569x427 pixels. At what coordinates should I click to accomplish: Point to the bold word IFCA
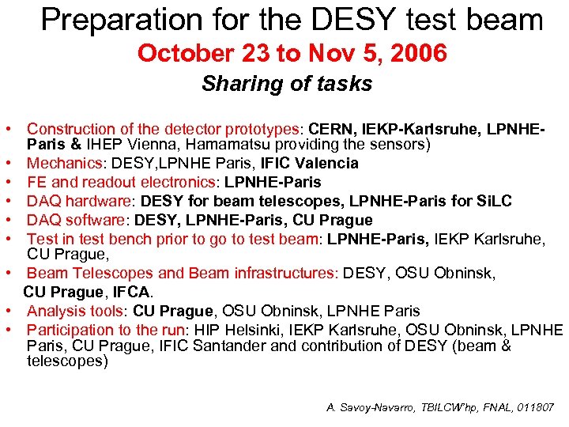(133, 292)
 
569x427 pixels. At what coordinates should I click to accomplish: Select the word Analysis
(54, 311)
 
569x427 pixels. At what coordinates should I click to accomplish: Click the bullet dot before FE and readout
(6, 182)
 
